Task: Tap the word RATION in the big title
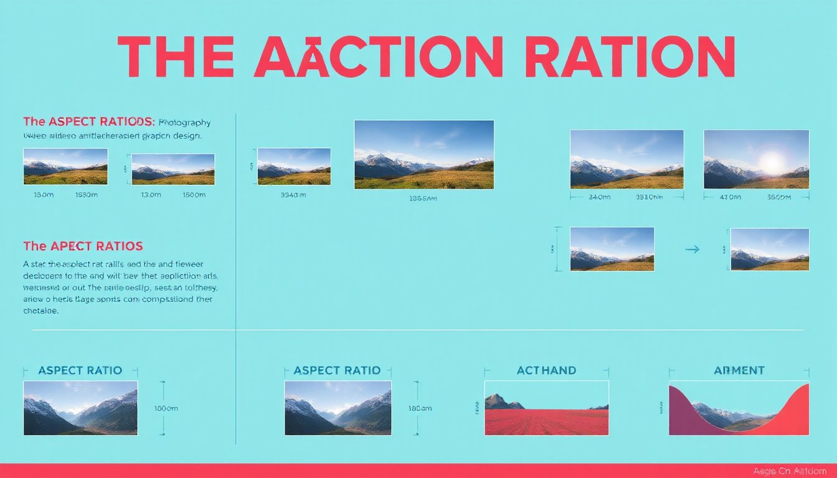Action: click(630, 57)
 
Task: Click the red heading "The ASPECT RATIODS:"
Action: click(89, 122)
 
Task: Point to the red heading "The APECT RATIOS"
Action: click(83, 246)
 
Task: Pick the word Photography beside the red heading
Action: click(185, 123)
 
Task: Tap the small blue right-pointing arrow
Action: click(692, 249)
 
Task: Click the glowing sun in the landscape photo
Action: click(772, 162)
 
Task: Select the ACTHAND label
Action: click(546, 370)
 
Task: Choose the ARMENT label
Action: click(739, 370)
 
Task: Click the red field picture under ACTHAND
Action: click(546, 408)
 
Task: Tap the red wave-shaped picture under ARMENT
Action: click(739, 408)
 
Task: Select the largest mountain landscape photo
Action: click(423, 154)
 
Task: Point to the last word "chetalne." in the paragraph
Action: click(41, 311)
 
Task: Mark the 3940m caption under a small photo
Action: click(293, 195)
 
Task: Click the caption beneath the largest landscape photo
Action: click(423, 199)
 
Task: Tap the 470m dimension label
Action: click(730, 197)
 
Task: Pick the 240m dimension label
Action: click(599, 197)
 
